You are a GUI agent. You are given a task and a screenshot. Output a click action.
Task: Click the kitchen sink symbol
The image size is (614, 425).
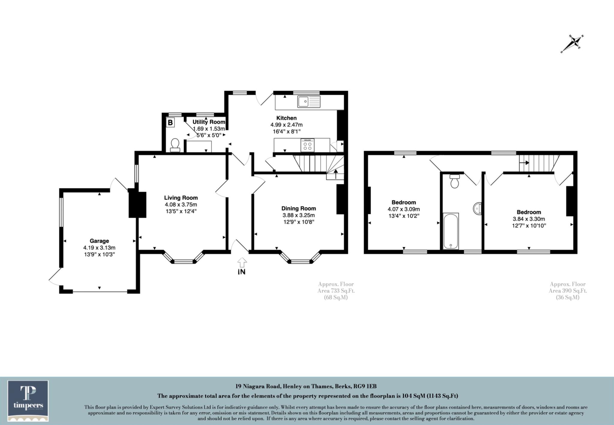[x=309, y=102]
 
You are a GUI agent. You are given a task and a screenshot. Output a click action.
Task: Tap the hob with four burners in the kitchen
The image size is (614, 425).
[x=308, y=146]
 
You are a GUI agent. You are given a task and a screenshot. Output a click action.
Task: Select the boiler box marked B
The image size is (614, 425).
[x=170, y=123]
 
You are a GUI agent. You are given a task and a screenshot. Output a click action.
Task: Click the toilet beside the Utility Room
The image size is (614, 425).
[x=174, y=145]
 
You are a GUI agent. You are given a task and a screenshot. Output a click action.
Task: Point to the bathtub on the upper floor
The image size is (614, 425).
[x=451, y=231]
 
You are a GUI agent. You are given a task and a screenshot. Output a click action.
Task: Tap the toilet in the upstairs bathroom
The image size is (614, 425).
[x=455, y=181]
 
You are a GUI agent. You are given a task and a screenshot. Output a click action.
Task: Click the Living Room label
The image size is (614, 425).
[x=181, y=198]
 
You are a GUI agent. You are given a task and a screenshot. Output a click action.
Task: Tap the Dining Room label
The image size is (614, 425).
[x=298, y=208]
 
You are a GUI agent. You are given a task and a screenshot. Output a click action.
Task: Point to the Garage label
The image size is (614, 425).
[x=99, y=241]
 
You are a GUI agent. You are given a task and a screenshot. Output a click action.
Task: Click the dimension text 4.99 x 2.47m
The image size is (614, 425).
[x=286, y=125]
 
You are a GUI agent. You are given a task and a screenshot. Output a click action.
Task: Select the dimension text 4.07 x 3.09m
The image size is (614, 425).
[x=404, y=209]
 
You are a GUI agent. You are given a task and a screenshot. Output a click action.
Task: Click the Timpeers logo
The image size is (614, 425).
[x=28, y=401]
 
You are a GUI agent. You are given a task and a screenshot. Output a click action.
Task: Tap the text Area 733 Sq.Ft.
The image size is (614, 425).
[x=336, y=291]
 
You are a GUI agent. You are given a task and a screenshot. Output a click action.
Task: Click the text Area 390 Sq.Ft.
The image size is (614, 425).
[x=568, y=291]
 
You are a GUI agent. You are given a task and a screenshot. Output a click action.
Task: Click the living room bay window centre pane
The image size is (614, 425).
[x=184, y=262]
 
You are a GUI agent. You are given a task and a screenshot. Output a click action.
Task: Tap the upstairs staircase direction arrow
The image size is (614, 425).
[x=524, y=163]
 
